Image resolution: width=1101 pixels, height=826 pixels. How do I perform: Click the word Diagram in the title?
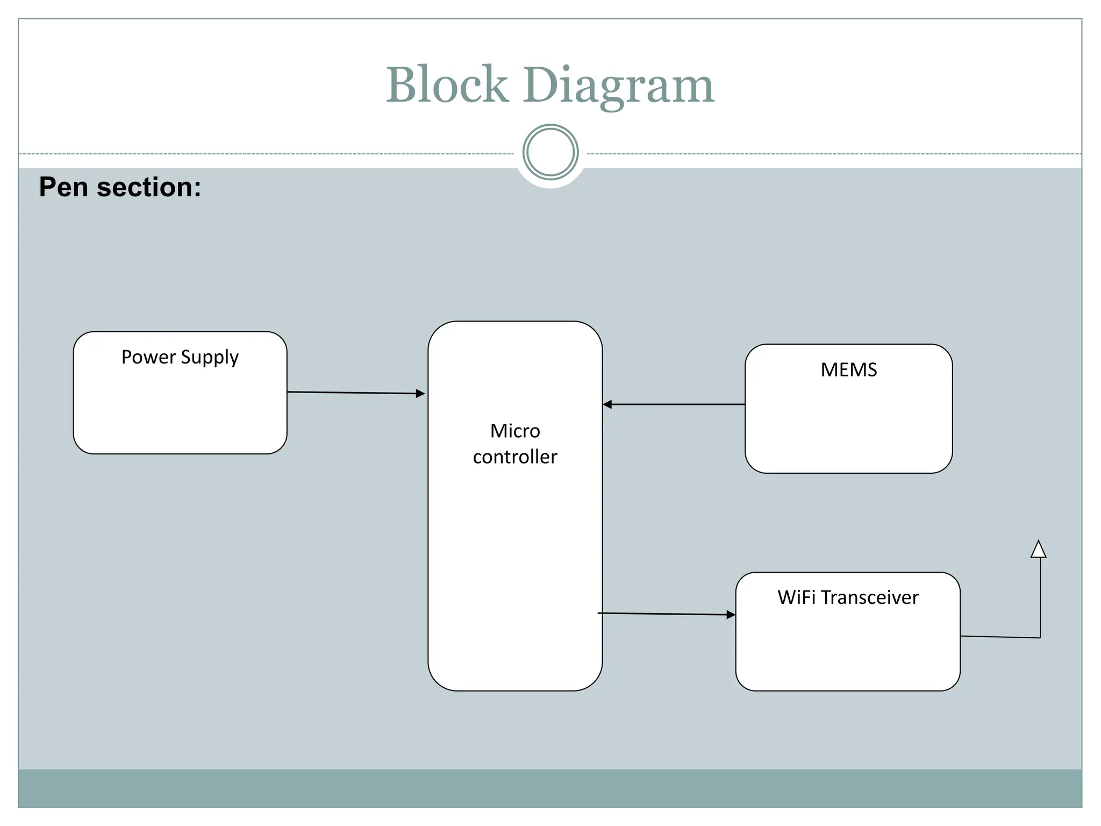point(618,86)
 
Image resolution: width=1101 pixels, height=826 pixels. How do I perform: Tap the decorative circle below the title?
point(550,152)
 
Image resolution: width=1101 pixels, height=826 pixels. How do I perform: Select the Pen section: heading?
point(120,187)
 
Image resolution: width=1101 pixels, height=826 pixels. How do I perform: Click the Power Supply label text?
point(180,357)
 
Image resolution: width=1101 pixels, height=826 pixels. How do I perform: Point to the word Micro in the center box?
point(514,431)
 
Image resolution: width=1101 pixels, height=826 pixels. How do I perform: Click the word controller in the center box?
point(514,457)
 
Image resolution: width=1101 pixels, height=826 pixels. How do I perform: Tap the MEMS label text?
point(848,370)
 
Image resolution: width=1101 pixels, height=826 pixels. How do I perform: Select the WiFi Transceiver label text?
point(848,597)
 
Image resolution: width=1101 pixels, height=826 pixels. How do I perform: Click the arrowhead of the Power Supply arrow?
point(420,394)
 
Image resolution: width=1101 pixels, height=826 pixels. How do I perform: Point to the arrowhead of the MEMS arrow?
point(607,404)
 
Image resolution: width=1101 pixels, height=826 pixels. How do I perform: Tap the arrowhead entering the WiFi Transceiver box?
point(731,615)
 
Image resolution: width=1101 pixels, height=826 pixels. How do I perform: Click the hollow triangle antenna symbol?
point(1038,550)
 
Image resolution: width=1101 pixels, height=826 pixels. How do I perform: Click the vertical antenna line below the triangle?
point(1040,597)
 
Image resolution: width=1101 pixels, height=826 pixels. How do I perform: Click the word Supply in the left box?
point(210,358)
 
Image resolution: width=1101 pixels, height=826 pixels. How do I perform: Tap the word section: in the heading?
point(149,187)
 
